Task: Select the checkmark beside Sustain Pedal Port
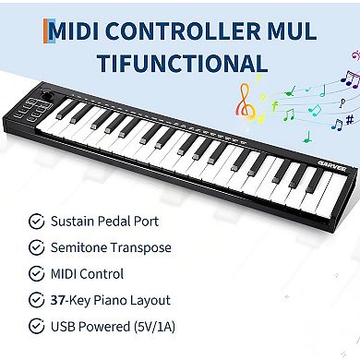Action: pyautogui.click(x=35, y=222)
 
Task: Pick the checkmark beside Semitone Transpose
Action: pyautogui.click(x=35, y=248)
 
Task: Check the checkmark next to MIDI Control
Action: pyautogui.click(x=35, y=274)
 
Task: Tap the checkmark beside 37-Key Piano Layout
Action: pyautogui.click(x=35, y=300)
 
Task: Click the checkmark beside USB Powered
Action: pyautogui.click(x=35, y=326)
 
